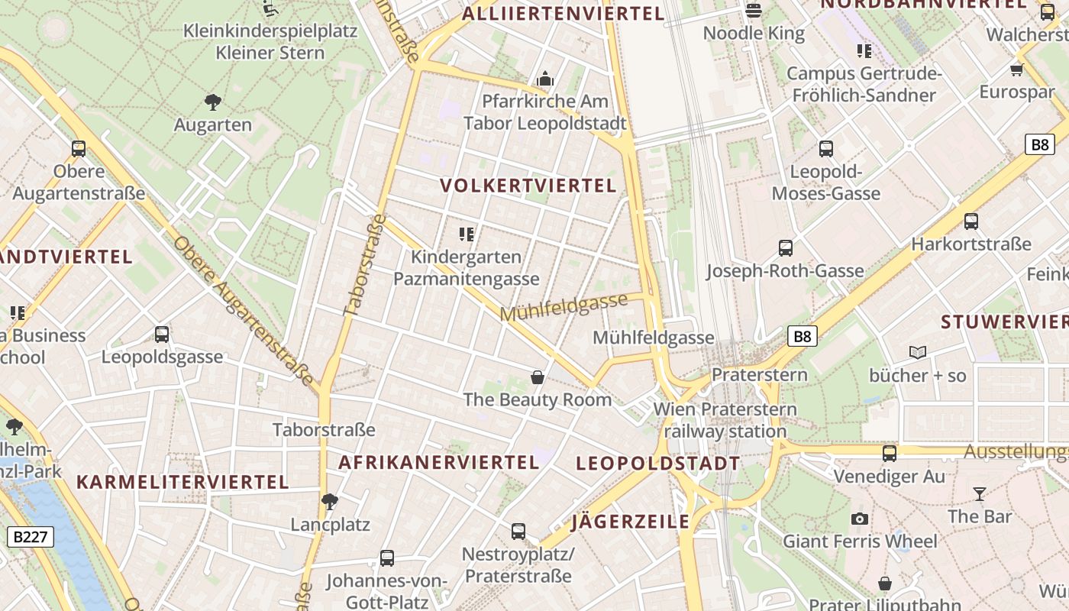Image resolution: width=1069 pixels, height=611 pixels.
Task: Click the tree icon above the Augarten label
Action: [x=213, y=102]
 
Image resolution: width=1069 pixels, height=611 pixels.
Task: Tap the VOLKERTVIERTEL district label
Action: [x=528, y=186]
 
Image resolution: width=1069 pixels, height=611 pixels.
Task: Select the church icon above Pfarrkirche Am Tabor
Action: [x=544, y=79]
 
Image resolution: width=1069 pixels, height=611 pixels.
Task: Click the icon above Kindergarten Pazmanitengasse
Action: [x=467, y=234]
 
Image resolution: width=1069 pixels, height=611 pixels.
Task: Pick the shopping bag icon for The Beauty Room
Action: [x=538, y=377]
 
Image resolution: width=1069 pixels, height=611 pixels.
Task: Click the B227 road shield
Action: [x=31, y=537]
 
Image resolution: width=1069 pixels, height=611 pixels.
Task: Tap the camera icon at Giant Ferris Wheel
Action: [x=860, y=519]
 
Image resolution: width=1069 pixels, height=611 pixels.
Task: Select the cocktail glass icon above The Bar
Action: [x=980, y=494]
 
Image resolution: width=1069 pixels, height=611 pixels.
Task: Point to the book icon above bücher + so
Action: [x=918, y=352]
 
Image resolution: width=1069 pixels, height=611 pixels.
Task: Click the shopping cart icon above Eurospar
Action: [x=1016, y=70]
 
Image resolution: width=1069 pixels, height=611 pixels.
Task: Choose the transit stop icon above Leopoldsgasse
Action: [x=162, y=334]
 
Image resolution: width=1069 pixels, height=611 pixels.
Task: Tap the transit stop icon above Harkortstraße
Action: [x=970, y=221]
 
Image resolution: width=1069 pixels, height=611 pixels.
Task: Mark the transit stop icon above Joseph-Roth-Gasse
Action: [x=785, y=248]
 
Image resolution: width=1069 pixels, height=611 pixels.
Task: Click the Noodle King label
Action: [x=754, y=33]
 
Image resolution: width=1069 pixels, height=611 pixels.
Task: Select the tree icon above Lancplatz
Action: [x=330, y=502]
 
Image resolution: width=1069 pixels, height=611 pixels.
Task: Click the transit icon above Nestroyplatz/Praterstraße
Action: [x=518, y=531]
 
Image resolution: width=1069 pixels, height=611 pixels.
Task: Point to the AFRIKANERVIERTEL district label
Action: [x=439, y=462]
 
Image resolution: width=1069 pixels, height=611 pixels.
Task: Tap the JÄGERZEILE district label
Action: [x=631, y=522]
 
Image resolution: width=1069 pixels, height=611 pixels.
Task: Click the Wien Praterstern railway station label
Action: [x=725, y=420]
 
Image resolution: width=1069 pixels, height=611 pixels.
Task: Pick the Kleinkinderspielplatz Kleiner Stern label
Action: [x=270, y=42]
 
